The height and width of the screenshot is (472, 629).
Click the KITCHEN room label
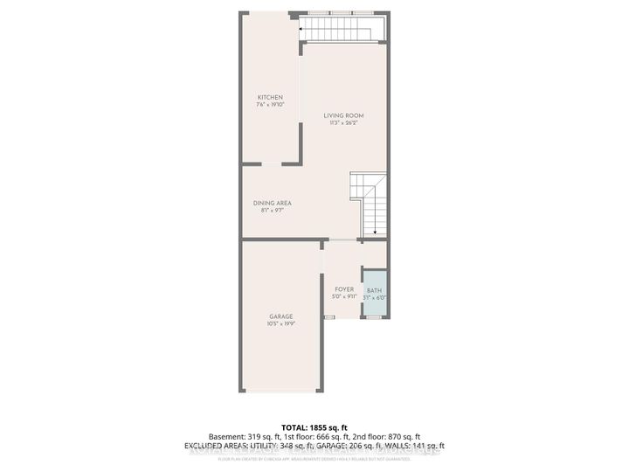click(270, 96)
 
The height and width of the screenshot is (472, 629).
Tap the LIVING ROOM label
click(343, 115)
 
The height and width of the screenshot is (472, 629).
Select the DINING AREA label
click(272, 203)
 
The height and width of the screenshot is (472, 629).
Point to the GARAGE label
click(280, 316)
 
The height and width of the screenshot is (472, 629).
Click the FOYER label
click(344, 289)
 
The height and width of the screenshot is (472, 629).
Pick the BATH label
click(374, 291)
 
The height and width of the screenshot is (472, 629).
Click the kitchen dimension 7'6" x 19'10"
click(270, 105)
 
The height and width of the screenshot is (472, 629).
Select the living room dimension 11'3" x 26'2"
click(343, 123)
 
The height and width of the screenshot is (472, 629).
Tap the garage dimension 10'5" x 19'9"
click(280, 324)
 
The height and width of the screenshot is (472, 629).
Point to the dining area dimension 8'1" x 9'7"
click(272, 211)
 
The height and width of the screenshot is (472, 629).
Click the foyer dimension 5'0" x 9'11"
click(344, 297)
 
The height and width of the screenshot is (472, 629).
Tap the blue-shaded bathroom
click(374, 294)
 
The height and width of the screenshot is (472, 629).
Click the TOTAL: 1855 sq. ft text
click(314, 426)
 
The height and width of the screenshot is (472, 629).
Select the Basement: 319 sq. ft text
click(238, 436)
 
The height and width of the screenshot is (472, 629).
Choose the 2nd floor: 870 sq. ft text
click(391, 436)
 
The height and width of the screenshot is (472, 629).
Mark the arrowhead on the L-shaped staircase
click(374, 233)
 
